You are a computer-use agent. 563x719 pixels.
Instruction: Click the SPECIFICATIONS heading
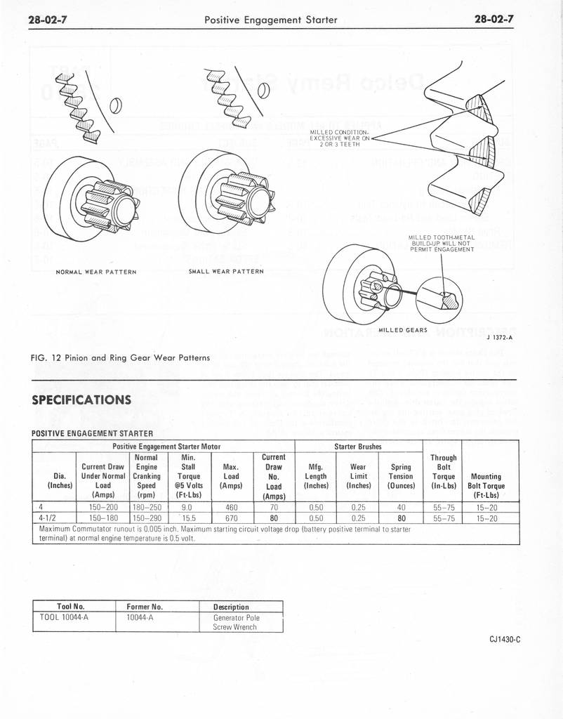tap(82, 400)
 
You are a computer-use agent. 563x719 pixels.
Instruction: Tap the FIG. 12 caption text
tap(121, 357)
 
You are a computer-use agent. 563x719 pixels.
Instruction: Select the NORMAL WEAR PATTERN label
tap(95, 272)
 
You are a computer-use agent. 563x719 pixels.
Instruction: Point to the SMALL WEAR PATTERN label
tap(226, 271)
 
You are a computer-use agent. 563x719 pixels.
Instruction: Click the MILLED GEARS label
tap(403, 330)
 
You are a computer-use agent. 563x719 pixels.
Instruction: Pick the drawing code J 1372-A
tap(499, 338)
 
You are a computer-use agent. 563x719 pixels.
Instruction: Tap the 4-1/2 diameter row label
tap(50, 519)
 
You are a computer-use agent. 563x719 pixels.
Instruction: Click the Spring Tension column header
tap(401, 475)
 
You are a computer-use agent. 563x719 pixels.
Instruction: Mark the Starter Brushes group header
tap(358, 445)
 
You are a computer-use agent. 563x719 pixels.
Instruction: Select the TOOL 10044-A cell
tap(68, 618)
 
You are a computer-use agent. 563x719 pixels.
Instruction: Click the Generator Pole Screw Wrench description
tap(236, 622)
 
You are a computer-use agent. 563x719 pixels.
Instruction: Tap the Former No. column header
tap(145, 607)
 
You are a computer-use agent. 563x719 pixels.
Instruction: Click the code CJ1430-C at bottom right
tap(505, 639)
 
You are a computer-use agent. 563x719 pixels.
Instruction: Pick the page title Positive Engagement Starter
tap(270, 20)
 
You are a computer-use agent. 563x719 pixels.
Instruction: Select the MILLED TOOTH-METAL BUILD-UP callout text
tap(442, 244)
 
